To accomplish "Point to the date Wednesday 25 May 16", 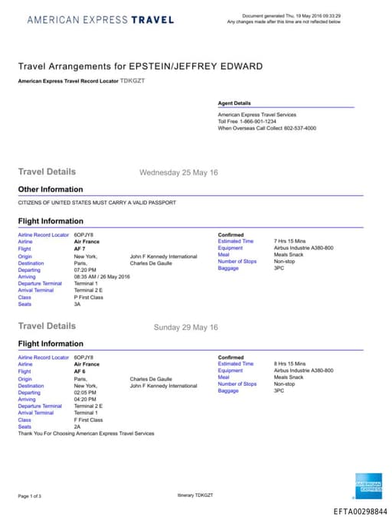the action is click(x=178, y=172).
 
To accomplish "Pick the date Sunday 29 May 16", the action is click(x=185, y=327).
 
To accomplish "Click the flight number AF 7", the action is click(x=80, y=249).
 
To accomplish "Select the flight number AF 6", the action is click(x=80, y=371).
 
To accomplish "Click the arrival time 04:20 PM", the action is click(x=86, y=399).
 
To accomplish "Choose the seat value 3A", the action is click(x=77, y=304).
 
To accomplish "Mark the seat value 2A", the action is click(x=77, y=426).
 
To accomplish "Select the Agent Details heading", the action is click(x=234, y=103).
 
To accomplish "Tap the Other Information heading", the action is click(x=51, y=189).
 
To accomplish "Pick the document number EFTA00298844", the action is click(x=361, y=511).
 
